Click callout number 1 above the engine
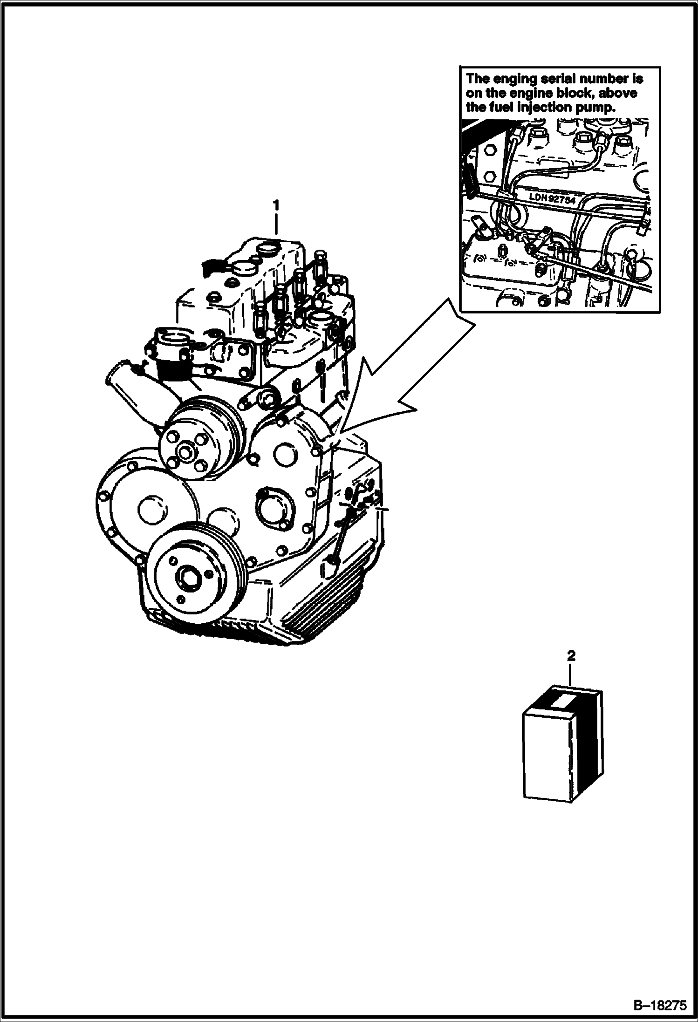click(277, 205)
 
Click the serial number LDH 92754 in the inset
click(553, 197)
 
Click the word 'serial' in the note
click(556, 79)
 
